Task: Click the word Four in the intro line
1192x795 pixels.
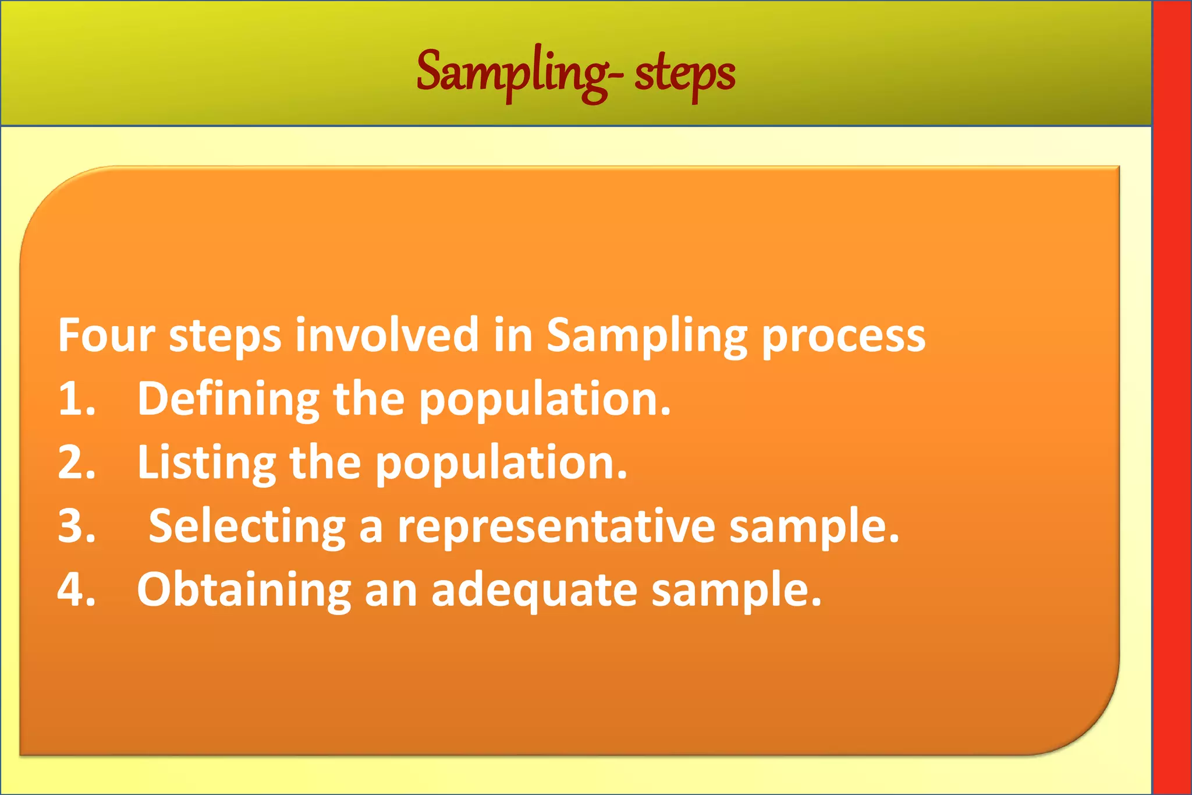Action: point(107,335)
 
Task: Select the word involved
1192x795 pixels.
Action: point(386,335)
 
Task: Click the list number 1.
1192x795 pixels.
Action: point(76,400)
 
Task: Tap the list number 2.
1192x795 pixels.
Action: point(76,463)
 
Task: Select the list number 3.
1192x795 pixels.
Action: point(76,527)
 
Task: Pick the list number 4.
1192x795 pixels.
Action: point(76,590)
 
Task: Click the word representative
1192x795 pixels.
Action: point(556,527)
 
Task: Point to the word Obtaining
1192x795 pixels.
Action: point(243,590)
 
